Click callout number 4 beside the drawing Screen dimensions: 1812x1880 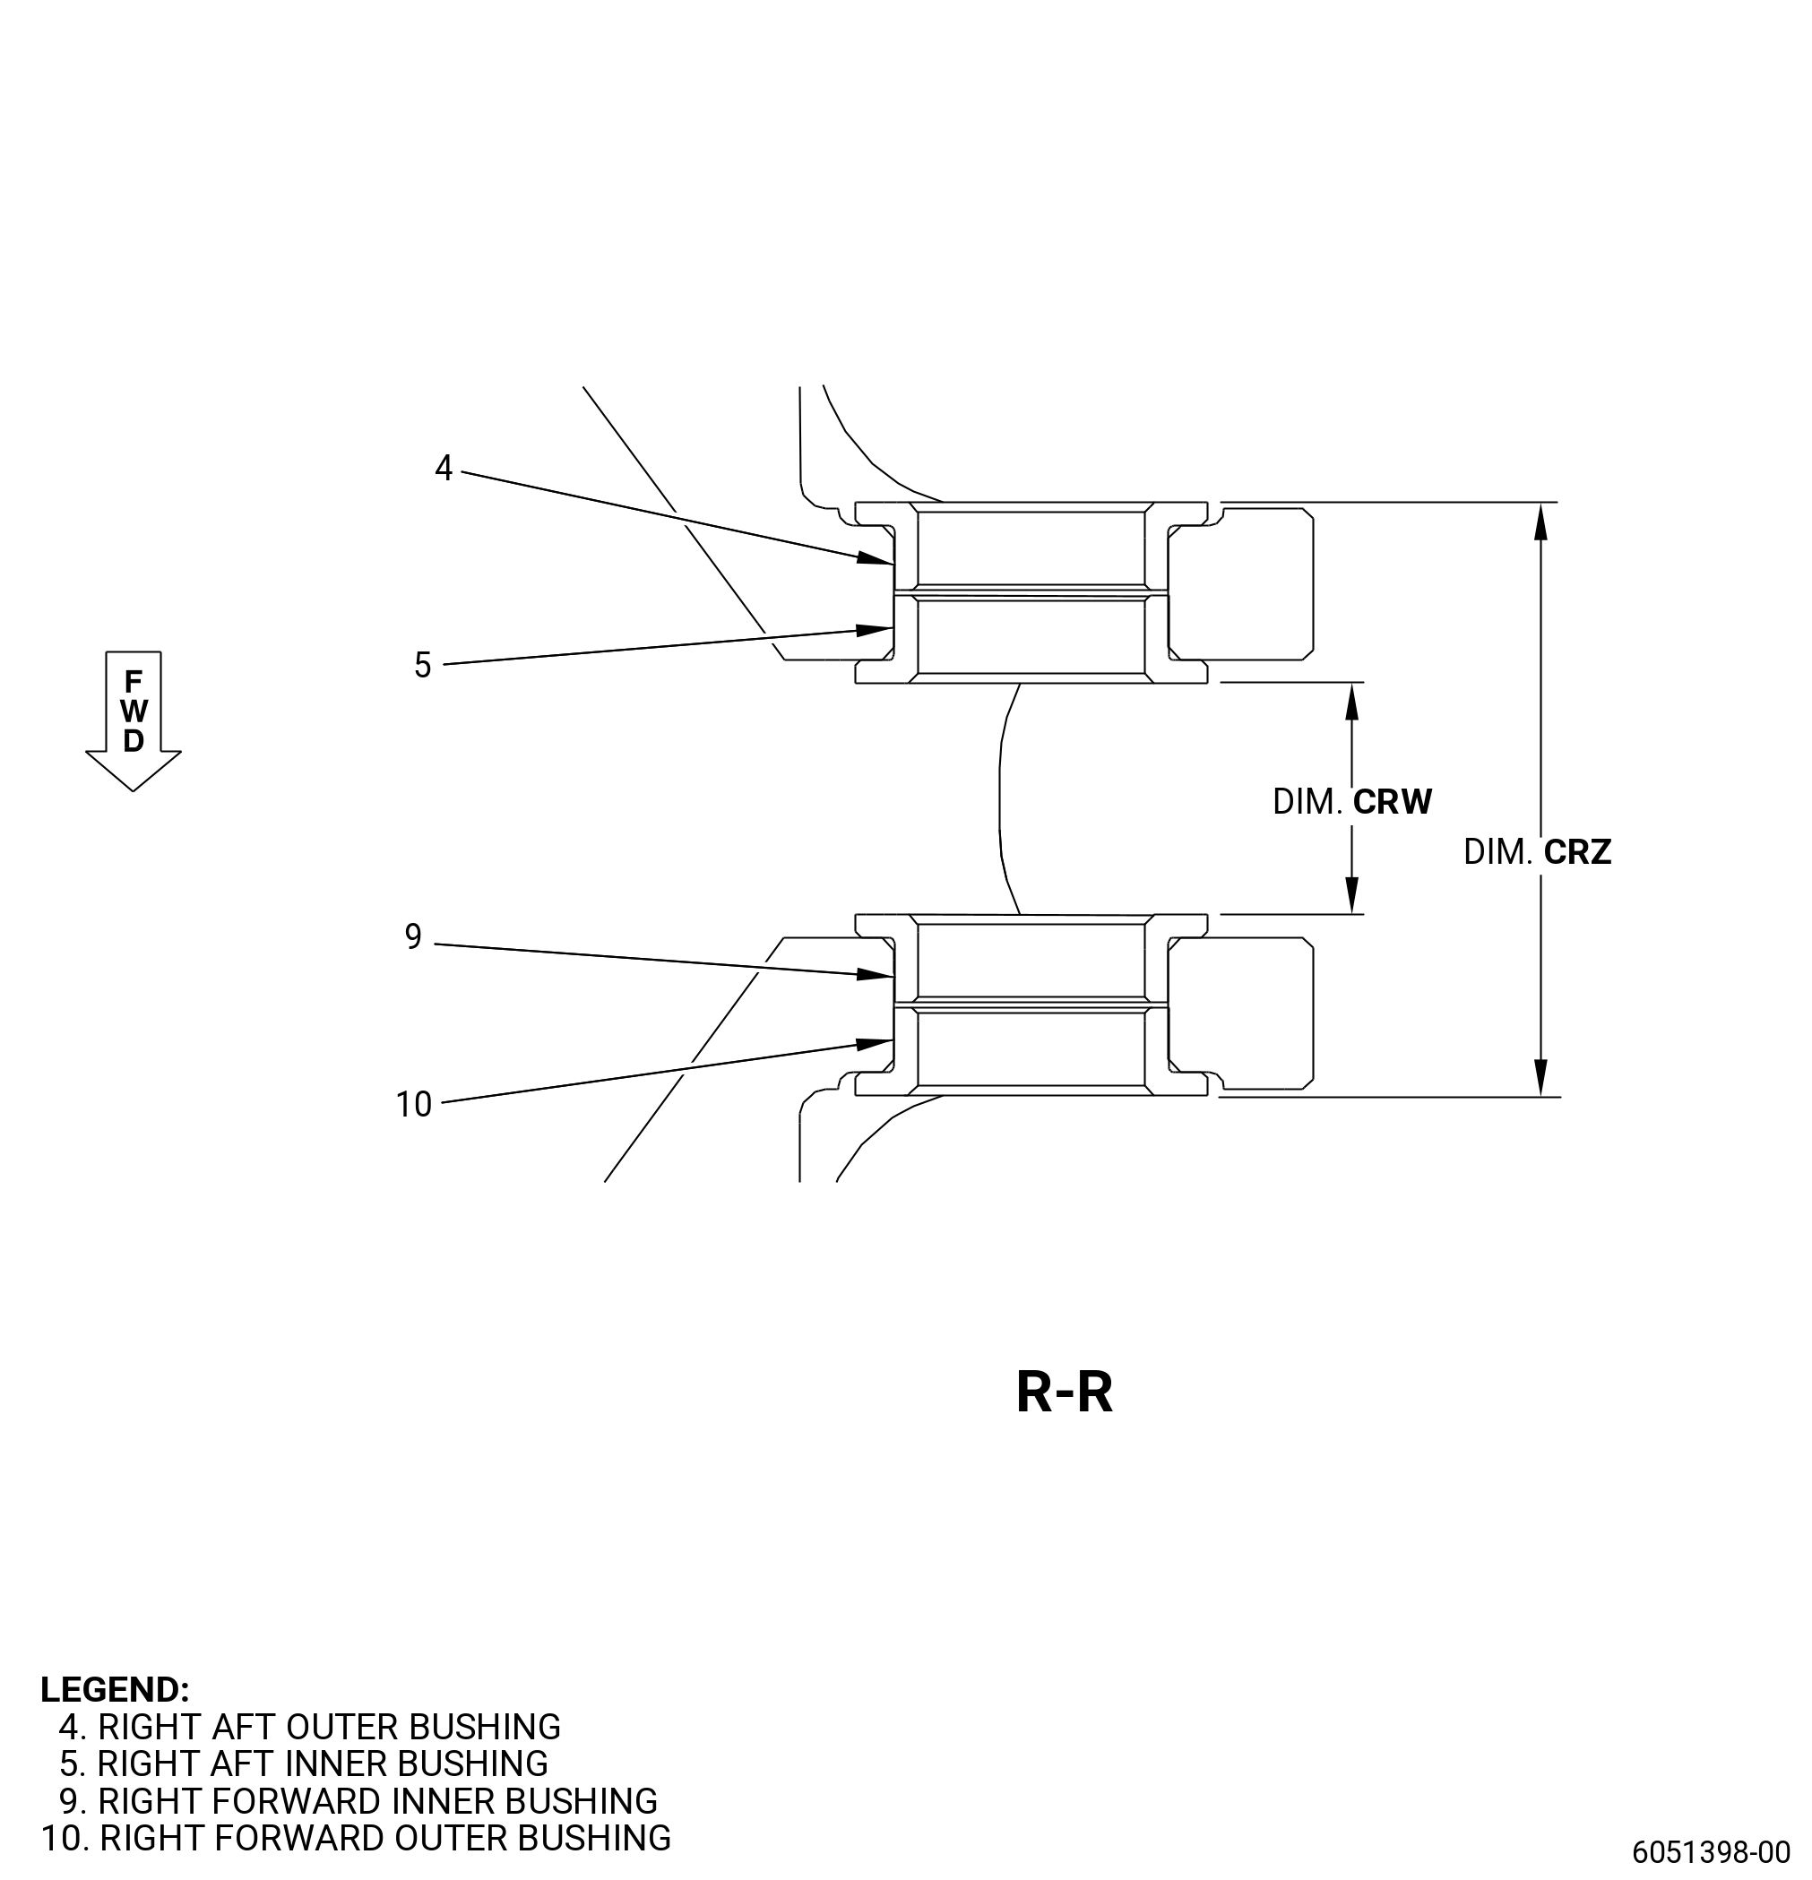(444, 468)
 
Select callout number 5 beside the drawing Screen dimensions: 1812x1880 (423, 665)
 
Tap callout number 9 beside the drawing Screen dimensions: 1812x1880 (413, 936)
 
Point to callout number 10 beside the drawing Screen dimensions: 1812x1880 (414, 1105)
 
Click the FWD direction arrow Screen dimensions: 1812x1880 (134, 721)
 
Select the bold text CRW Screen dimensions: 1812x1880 (1392, 802)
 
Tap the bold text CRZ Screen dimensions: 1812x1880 (1577, 852)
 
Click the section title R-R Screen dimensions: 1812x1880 (1064, 1392)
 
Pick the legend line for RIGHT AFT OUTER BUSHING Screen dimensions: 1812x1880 (310, 1727)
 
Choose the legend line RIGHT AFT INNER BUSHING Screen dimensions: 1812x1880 (304, 1763)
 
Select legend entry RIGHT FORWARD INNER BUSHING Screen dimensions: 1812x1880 (358, 1800)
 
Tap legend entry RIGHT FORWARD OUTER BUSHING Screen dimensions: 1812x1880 (356, 1838)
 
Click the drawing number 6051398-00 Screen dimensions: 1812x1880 (1712, 1851)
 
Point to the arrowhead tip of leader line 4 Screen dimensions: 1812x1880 (894, 564)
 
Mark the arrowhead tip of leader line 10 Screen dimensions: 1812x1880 (894, 1039)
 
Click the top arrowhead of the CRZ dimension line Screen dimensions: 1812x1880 (1540, 504)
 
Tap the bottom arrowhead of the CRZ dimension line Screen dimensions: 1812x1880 (1540, 1095)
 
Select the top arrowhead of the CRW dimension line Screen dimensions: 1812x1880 (1352, 684)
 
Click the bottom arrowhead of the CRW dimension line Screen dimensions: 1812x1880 (1352, 913)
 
